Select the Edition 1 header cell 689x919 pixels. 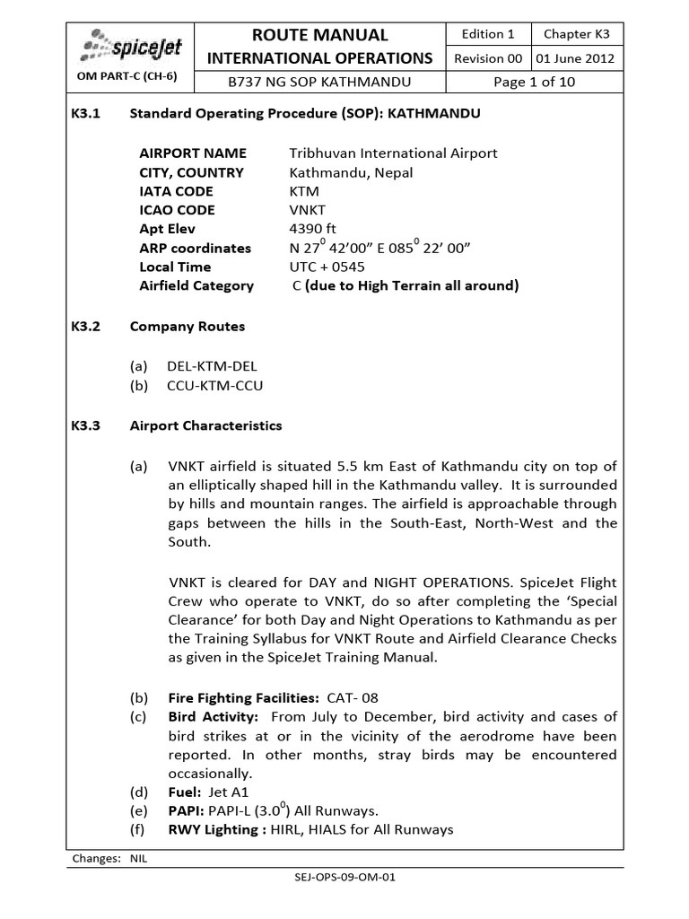[487, 34]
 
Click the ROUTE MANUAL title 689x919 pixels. [320, 35]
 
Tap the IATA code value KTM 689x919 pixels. [304, 191]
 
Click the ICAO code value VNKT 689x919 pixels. [308, 210]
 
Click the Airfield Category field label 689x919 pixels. [196, 285]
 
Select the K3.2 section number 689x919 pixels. [88, 327]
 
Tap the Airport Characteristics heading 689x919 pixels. [205, 425]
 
